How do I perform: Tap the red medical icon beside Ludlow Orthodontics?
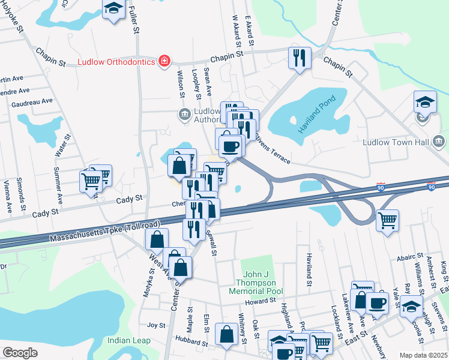pyautogui.click(x=164, y=61)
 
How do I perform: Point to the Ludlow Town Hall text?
pyautogui.click(x=396, y=142)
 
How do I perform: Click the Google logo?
pyautogui.click(x=20, y=353)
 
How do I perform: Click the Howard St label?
pyautogui.click(x=259, y=299)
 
